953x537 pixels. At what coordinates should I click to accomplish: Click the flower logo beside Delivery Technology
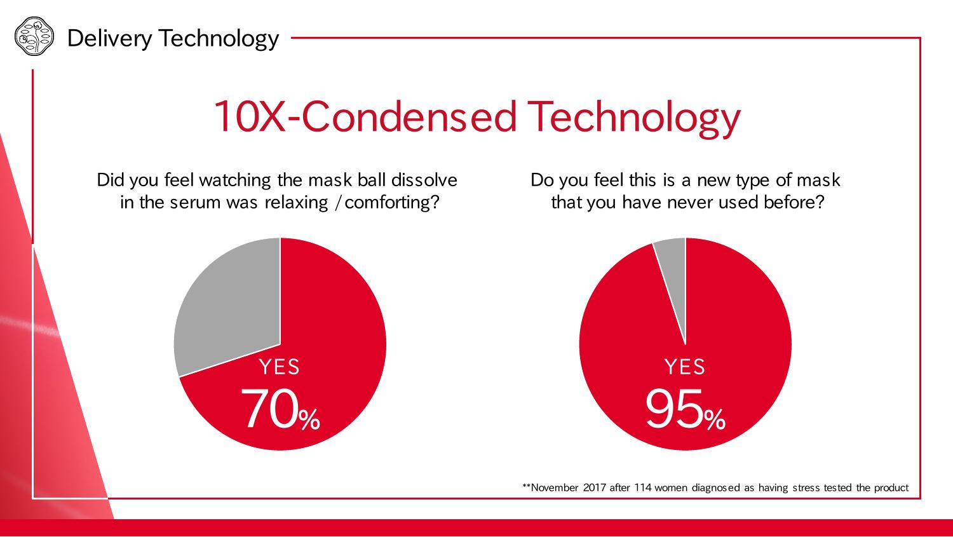pos(34,36)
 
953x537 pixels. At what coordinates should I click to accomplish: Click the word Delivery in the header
pos(109,39)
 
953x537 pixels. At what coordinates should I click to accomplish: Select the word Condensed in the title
pos(409,116)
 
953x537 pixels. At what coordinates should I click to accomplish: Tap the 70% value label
pos(280,409)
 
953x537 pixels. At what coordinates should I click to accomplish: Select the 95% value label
pos(686,409)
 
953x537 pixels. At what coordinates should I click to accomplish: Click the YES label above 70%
pos(279,367)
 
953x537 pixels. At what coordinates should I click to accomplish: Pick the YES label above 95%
pos(685,367)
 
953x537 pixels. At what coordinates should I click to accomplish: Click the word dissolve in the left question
pos(424,180)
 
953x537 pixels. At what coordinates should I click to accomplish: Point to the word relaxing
pos(296,203)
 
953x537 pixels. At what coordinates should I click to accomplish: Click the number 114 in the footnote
pos(642,487)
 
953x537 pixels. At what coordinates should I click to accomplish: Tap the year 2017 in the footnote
pos(594,487)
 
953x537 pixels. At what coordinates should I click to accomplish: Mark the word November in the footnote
pos(555,487)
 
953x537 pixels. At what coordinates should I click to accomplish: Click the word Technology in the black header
pos(219,39)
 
